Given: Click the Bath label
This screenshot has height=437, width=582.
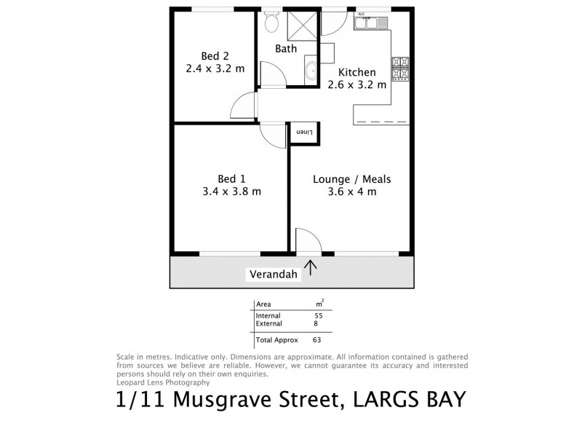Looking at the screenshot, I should coord(286,49).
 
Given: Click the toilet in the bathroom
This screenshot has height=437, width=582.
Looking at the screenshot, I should coord(271,23).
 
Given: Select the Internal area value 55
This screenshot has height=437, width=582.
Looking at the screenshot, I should coord(318,315).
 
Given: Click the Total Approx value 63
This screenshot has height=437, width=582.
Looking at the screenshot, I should coord(317,339).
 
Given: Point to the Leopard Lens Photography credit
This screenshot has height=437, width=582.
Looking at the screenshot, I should coord(163,382).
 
